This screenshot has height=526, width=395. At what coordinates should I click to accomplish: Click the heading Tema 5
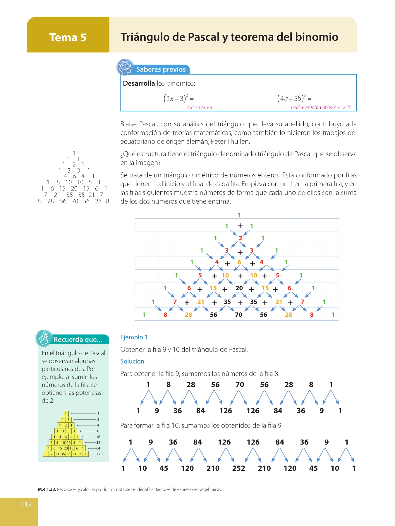point(68,37)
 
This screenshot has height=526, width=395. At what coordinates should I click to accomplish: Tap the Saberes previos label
point(161,70)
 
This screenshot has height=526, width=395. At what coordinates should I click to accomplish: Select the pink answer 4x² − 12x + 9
point(200,108)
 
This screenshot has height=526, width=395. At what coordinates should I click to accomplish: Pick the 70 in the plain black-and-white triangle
point(75,201)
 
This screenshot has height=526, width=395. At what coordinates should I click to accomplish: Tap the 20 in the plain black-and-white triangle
point(74,189)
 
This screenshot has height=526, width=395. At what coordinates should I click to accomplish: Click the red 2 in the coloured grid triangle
point(240,238)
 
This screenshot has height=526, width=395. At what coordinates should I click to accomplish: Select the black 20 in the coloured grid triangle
point(239,288)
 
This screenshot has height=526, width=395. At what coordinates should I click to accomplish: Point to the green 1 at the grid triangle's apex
point(239,215)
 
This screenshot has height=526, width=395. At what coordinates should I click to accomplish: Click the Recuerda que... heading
point(78,340)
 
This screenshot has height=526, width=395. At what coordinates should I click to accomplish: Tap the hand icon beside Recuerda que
point(44,338)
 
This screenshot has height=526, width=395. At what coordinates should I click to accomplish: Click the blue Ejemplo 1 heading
point(134,337)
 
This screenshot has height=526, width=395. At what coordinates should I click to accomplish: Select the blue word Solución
point(132,361)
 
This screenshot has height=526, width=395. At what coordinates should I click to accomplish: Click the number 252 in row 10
point(238,468)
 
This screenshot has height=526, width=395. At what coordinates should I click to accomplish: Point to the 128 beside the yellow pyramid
point(99,454)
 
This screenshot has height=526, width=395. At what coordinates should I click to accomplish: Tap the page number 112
point(26,504)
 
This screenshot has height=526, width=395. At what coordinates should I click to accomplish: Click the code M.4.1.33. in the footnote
point(47,489)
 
